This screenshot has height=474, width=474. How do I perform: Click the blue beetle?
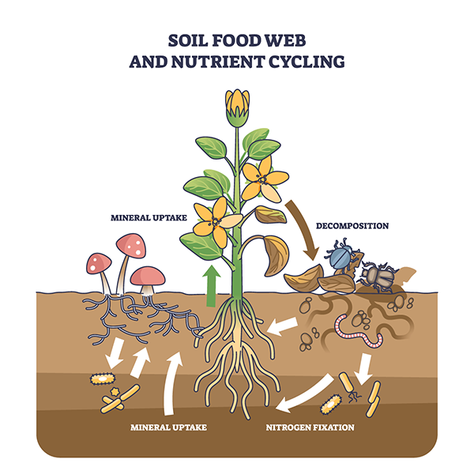(342, 258)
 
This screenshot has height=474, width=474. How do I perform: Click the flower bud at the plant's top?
(238, 107)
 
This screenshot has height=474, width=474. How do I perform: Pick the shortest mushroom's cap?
(148, 276)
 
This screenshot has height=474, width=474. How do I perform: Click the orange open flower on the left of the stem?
(211, 221)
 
